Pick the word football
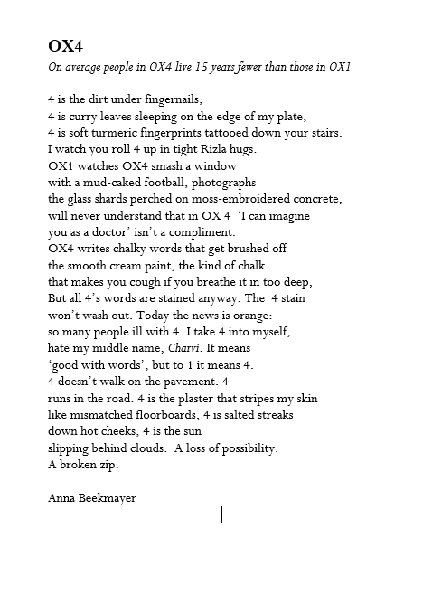[x=183, y=182]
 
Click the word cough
[x=154, y=282]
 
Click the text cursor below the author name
[x=222, y=514]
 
